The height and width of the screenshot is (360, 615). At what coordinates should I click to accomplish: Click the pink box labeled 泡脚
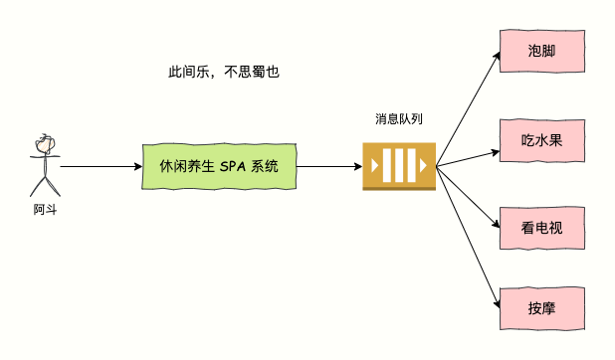pos(542,51)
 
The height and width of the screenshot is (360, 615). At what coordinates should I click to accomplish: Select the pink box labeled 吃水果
pos(542,139)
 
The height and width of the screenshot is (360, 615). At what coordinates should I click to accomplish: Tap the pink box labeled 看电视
pos(542,227)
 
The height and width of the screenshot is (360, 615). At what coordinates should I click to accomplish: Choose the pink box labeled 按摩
pos(542,307)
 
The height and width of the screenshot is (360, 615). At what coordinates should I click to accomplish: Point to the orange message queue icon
pos(399,166)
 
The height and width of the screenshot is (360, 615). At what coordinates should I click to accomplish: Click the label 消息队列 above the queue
pos(399,119)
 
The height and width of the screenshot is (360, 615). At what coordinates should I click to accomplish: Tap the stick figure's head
pos(44,143)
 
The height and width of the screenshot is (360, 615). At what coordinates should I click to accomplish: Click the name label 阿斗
pos(44,209)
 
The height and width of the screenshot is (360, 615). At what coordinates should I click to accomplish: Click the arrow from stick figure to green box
pos(100,166)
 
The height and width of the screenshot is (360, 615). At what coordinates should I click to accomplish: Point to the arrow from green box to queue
pos(328,166)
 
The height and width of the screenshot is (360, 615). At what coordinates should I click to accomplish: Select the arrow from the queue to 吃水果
pos(468,158)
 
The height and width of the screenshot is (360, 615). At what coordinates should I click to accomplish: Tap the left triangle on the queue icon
pos(374,166)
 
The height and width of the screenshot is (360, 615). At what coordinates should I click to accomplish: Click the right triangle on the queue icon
pos(424,166)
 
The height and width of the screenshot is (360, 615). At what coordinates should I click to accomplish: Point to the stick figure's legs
pos(44,186)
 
